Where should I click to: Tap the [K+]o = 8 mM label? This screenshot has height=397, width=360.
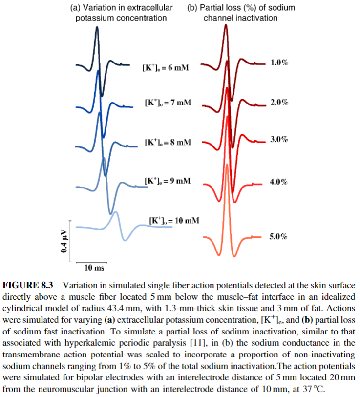pyautogui.click(x=168, y=142)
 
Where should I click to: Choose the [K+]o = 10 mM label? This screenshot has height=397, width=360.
pyautogui.click(x=174, y=220)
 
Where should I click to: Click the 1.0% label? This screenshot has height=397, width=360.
pyautogui.click(x=279, y=63)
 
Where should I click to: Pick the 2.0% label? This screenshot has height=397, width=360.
pyautogui.click(x=279, y=103)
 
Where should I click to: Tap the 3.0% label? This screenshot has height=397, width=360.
pyautogui.click(x=279, y=140)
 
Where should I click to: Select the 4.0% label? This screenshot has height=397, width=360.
pyautogui.click(x=279, y=182)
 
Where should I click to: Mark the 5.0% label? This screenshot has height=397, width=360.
pyautogui.click(x=279, y=237)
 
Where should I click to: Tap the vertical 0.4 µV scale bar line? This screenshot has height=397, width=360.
pyautogui.click(x=71, y=241)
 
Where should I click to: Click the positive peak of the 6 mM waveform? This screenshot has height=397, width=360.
pyautogui.click(x=97, y=28)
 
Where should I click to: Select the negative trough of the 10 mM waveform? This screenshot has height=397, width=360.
pyautogui.click(x=126, y=239)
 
